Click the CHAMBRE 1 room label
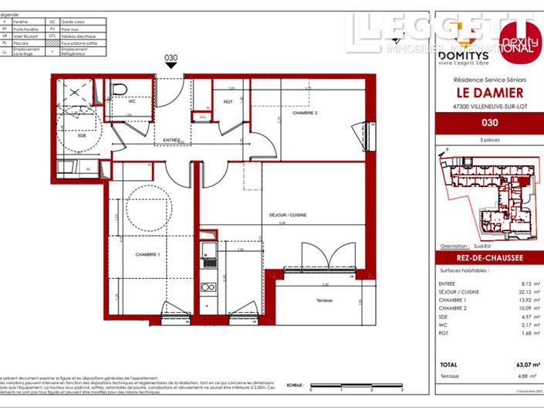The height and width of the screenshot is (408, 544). (x=147, y=255)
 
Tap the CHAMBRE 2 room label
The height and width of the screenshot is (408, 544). (x=306, y=114)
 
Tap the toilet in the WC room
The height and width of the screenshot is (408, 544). (x=120, y=91)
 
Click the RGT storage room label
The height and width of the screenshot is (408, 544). (x=228, y=101)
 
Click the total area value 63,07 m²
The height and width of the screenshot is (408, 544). (x=519, y=365)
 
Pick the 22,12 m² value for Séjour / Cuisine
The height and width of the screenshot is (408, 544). (x=519, y=291)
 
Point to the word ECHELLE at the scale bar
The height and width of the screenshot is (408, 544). (x=294, y=384)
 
